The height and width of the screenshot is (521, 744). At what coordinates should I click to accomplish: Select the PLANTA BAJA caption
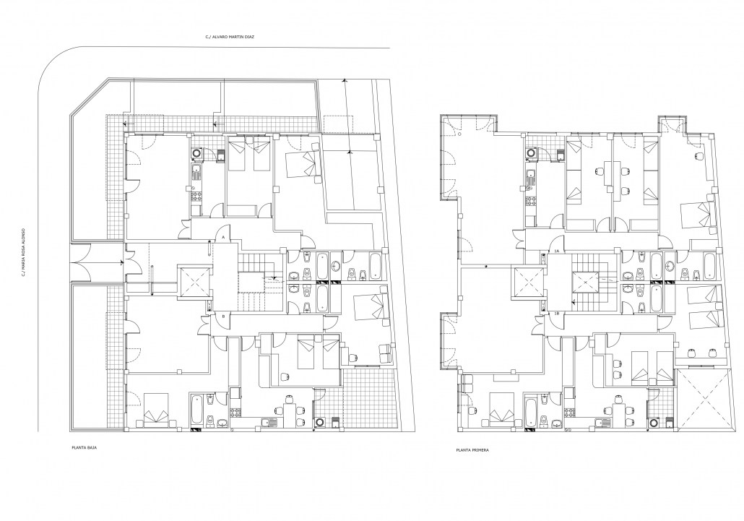[84, 447]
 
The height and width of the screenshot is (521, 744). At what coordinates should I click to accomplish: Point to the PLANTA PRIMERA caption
[472, 450]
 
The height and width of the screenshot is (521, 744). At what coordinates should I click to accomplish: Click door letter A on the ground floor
[222, 237]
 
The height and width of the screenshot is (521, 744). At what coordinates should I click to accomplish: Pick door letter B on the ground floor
[222, 316]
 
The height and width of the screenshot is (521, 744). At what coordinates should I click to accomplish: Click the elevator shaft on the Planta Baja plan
[194, 283]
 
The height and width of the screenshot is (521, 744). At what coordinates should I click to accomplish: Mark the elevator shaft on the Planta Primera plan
[529, 283]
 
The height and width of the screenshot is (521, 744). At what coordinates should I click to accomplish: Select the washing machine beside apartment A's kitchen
[197, 154]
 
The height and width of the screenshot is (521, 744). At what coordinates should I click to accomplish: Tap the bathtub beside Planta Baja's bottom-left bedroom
[197, 410]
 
